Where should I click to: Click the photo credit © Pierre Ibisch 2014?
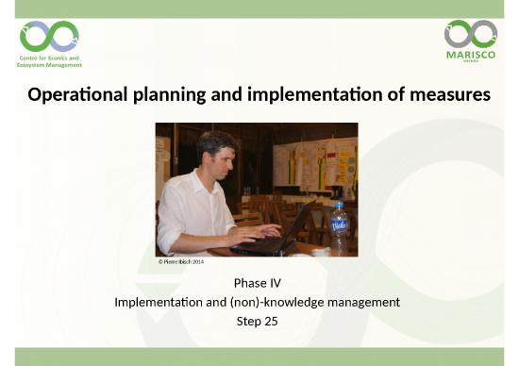[x=180, y=261]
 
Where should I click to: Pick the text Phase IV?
[x=259, y=284]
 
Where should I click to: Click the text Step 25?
[x=259, y=321]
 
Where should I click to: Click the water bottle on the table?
[x=339, y=230]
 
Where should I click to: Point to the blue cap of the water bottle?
[x=339, y=204]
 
